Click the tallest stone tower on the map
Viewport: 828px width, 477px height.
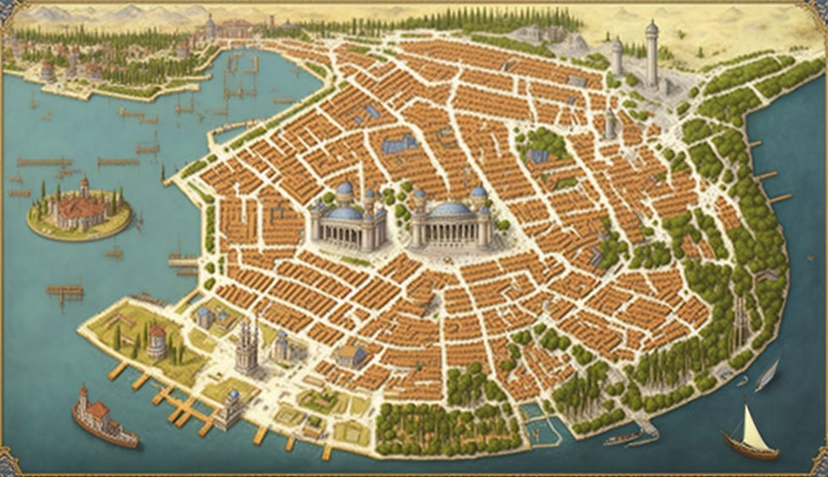651,55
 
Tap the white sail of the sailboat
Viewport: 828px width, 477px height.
754,431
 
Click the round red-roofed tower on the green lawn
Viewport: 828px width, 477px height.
156,343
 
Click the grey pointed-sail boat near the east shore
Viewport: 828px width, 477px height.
767,375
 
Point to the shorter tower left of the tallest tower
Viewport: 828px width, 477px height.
618,56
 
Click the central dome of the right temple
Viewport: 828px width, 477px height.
450,209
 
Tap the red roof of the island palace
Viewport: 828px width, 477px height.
80,207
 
